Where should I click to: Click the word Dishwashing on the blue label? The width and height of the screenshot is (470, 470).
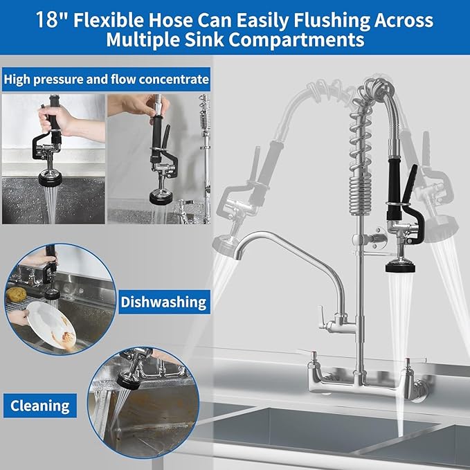[164, 302]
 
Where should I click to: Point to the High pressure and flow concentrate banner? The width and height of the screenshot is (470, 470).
[106, 80]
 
